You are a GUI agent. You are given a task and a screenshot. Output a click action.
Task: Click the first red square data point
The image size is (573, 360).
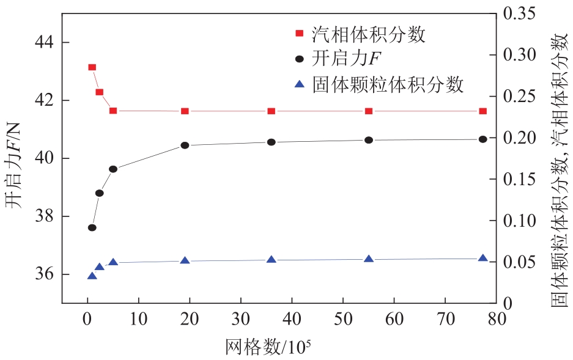[x=92, y=67]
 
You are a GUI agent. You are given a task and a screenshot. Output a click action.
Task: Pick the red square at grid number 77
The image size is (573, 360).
[x=482, y=111]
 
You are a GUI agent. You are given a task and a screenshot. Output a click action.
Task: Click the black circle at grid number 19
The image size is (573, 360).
[x=185, y=145]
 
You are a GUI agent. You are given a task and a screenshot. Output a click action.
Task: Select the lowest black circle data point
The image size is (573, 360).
[x=92, y=227]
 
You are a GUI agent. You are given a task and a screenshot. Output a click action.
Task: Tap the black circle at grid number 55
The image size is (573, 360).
[x=369, y=140]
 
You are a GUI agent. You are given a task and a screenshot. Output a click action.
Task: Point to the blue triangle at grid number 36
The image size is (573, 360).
[x=272, y=259]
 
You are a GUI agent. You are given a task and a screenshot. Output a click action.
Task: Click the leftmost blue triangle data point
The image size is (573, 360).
[x=92, y=276]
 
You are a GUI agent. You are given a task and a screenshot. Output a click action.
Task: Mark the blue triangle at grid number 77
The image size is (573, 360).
[x=482, y=258]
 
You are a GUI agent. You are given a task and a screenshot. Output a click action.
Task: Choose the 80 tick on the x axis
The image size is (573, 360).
[x=496, y=318]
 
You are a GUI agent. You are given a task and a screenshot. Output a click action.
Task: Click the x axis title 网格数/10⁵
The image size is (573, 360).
[x=268, y=347]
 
